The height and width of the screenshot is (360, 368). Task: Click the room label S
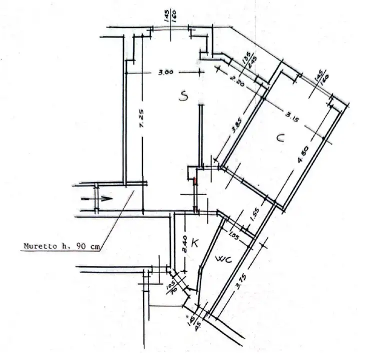[183, 97]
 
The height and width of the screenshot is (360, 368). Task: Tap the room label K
[195, 243]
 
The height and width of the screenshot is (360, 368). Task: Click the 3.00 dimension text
[165, 72]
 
